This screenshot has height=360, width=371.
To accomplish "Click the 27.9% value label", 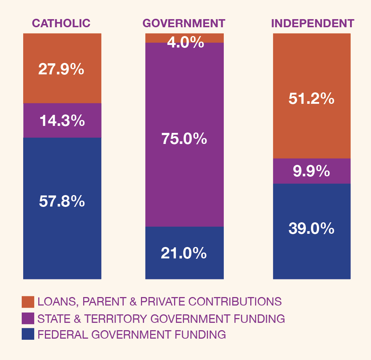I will (61, 69).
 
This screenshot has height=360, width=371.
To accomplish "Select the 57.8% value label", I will (61, 201).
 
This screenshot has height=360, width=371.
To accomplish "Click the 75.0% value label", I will (184, 139).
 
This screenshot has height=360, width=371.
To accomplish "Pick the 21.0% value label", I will (184, 253).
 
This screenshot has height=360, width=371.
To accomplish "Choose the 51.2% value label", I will (311, 99).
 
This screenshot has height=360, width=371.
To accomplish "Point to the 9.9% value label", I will (311, 171).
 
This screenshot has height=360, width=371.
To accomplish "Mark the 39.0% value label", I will (311, 229).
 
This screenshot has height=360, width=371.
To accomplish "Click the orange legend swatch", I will (28, 302).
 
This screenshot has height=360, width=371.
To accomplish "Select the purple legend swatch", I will (28, 318).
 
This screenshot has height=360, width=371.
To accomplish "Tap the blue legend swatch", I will (28, 334).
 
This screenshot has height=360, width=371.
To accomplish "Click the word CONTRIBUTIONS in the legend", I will (234, 302).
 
